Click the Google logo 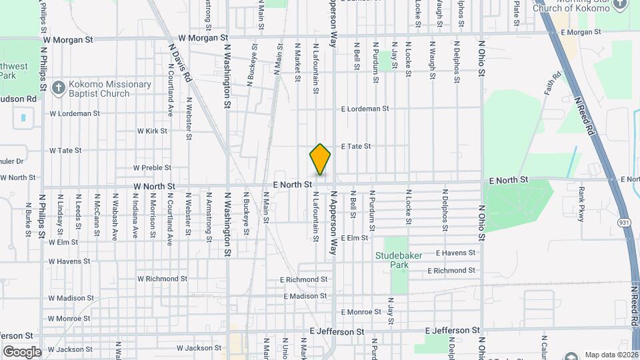point(22,351)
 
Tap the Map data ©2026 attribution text point(611,355)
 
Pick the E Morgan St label point(581,32)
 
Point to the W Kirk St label point(152,131)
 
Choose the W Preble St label point(152,168)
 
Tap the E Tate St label point(355,146)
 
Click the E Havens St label point(455,253)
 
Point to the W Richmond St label point(162,279)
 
